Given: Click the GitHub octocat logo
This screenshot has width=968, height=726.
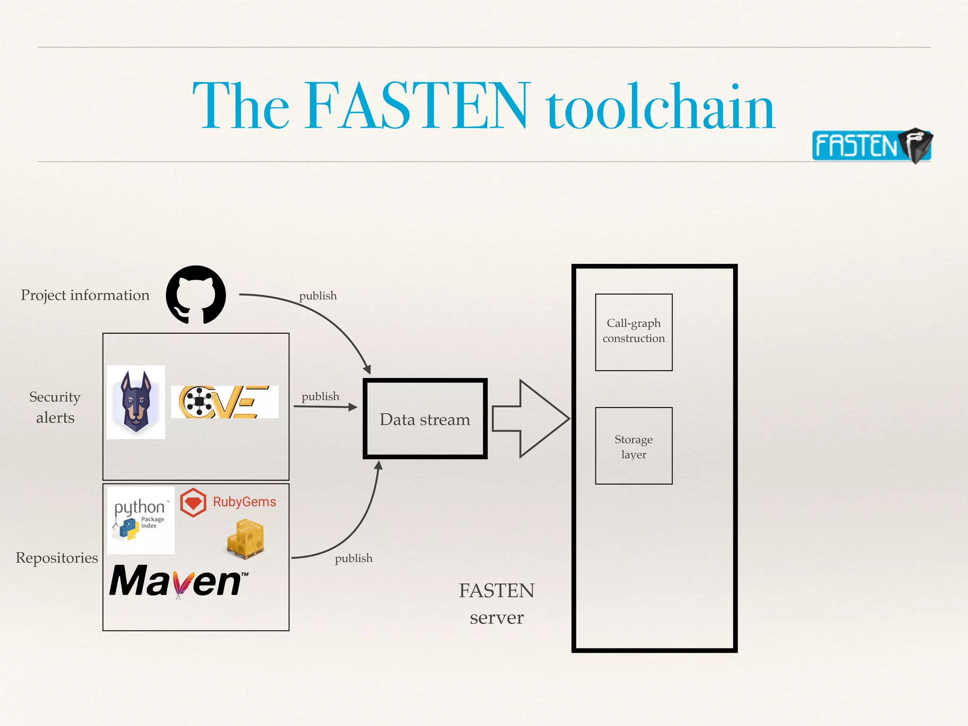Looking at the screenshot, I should (196, 294).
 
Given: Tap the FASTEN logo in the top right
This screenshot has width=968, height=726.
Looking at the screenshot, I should (871, 145).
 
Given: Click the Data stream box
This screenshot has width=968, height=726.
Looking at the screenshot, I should (425, 419).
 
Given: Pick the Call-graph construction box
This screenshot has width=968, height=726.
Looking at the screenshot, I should (633, 332).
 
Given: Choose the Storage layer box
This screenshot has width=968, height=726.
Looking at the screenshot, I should (633, 446).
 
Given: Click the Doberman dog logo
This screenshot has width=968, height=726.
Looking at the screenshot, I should (136, 402).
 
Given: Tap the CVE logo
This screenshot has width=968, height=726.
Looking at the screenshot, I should (225, 402).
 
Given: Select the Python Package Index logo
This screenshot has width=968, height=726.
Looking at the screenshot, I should (141, 520).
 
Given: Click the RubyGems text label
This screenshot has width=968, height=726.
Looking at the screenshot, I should (244, 502).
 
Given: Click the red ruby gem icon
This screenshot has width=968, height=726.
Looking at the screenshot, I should (193, 502).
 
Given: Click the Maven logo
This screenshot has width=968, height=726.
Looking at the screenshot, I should (179, 581).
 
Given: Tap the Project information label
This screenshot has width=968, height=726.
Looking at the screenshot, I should (85, 295).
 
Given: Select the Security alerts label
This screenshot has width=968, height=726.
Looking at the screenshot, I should (55, 407).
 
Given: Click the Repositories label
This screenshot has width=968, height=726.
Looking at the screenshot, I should (57, 558).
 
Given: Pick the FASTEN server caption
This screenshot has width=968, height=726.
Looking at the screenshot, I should (496, 604).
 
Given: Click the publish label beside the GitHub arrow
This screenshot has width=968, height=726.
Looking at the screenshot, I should (318, 296).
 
